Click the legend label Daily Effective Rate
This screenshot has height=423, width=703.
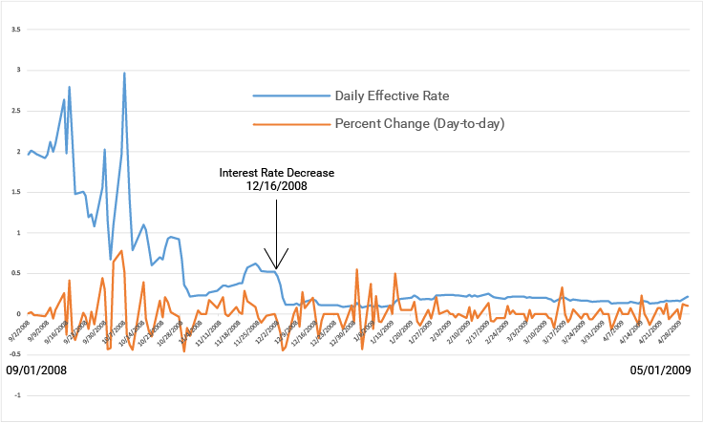[x=392, y=96]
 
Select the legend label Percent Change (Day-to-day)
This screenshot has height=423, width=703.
[x=419, y=124]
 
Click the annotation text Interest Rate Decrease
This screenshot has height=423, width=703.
[x=276, y=173]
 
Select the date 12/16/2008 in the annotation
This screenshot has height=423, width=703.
[x=276, y=186]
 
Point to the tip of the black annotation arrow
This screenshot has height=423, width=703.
[x=276, y=269]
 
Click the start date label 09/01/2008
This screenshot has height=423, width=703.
[x=37, y=370]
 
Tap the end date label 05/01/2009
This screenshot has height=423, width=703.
[x=661, y=370]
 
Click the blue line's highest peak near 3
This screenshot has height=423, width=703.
[x=124, y=73]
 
